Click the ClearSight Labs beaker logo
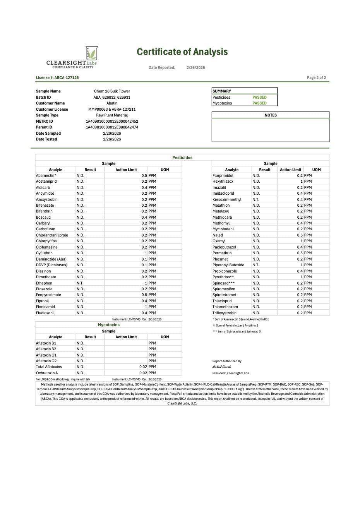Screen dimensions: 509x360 tap(91, 53)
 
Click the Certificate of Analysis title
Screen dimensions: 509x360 tap(182, 52)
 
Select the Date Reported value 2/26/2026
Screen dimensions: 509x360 tap(195, 68)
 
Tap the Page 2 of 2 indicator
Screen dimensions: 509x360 tap(316, 78)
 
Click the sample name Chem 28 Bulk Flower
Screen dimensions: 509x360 tap(112, 91)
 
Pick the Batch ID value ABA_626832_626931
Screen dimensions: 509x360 tap(112, 98)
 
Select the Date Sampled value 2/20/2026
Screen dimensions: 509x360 tap(112, 134)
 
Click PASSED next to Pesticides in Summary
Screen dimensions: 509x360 tap(259, 98)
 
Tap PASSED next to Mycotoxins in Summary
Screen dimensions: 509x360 tap(259, 103)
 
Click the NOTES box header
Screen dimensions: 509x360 tap(270, 115)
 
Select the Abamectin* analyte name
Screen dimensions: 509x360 tap(46, 176)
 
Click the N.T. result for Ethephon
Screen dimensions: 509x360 tap(80, 283)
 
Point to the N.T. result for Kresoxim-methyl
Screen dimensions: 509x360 tap(256, 200)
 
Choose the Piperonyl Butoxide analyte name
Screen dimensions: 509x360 tap(228, 265)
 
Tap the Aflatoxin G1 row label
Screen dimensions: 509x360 tap(46, 355)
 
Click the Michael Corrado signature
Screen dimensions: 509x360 tap(221, 367)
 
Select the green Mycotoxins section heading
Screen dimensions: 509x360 tap(108, 325)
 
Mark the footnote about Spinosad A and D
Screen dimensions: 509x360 tap(237, 332)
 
